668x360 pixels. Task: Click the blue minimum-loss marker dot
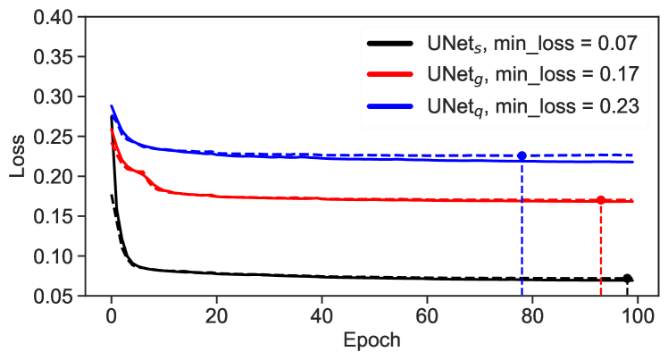point(522,155)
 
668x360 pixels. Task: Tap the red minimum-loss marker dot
point(601,200)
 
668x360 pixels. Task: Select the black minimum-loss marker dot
point(627,279)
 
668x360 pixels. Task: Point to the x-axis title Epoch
point(372,340)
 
